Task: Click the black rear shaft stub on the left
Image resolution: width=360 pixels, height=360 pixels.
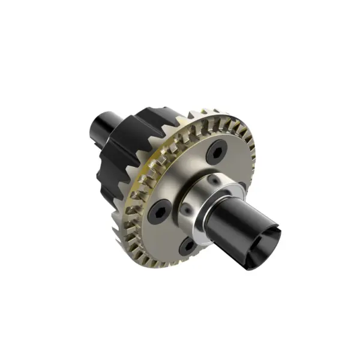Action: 103,128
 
